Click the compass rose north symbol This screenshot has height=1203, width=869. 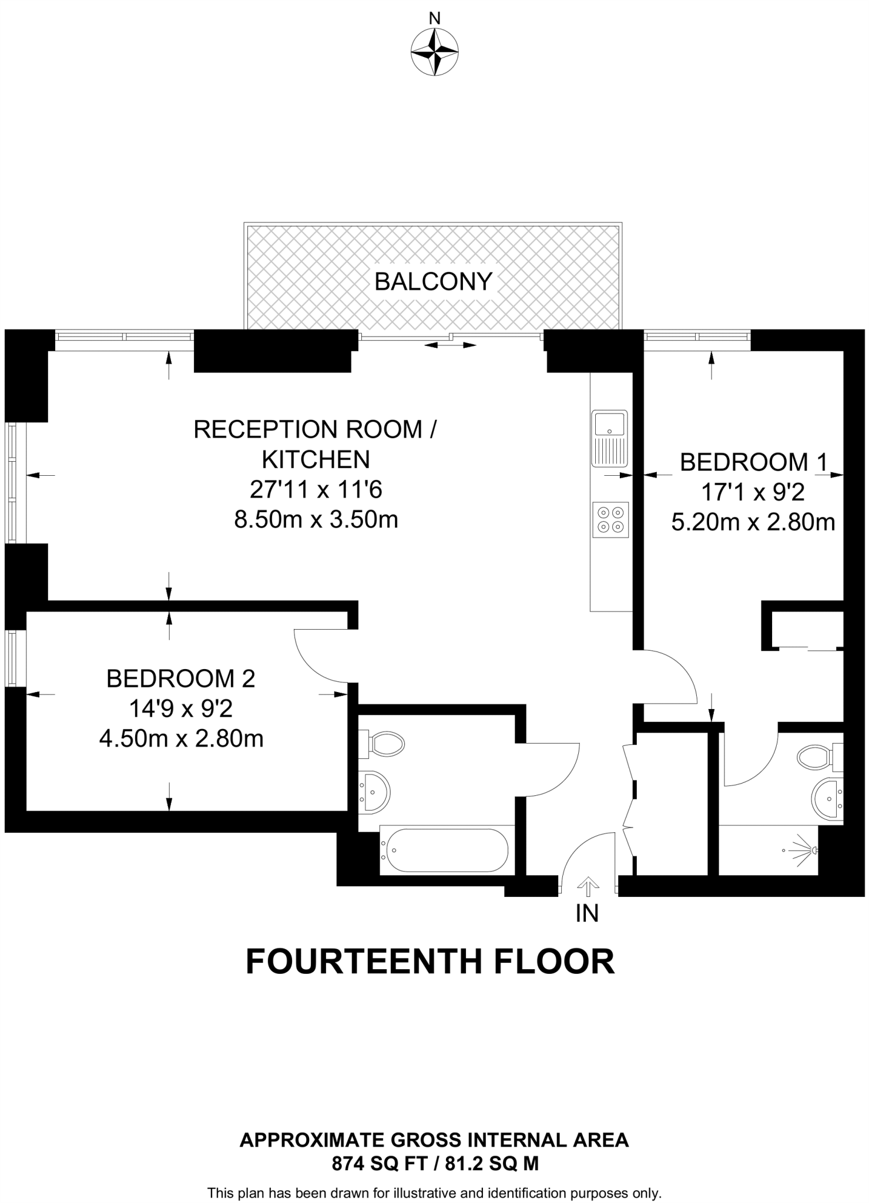click(434, 52)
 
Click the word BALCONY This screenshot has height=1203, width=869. click(433, 282)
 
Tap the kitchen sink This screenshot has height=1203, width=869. click(610, 438)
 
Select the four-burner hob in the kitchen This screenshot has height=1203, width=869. click(610, 520)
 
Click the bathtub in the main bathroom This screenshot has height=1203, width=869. click(445, 850)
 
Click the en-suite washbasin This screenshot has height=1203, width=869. click(827, 799)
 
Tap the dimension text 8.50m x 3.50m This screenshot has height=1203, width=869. click(316, 520)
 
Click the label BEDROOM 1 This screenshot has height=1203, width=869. click(753, 462)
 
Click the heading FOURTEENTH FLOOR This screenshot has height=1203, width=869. click(430, 962)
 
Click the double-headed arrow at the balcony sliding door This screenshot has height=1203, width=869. click(450, 345)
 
